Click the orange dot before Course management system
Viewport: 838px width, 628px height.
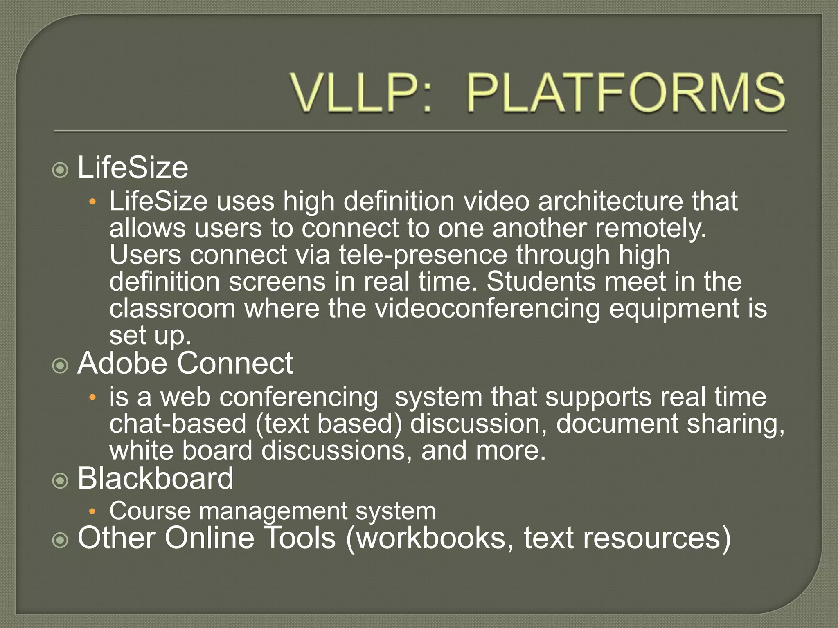tap(92, 511)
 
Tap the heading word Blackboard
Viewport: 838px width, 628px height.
tap(155, 478)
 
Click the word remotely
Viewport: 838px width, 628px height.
tap(650, 228)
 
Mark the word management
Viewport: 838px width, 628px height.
tap(273, 511)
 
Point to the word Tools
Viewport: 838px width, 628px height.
tap(301, 538)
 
